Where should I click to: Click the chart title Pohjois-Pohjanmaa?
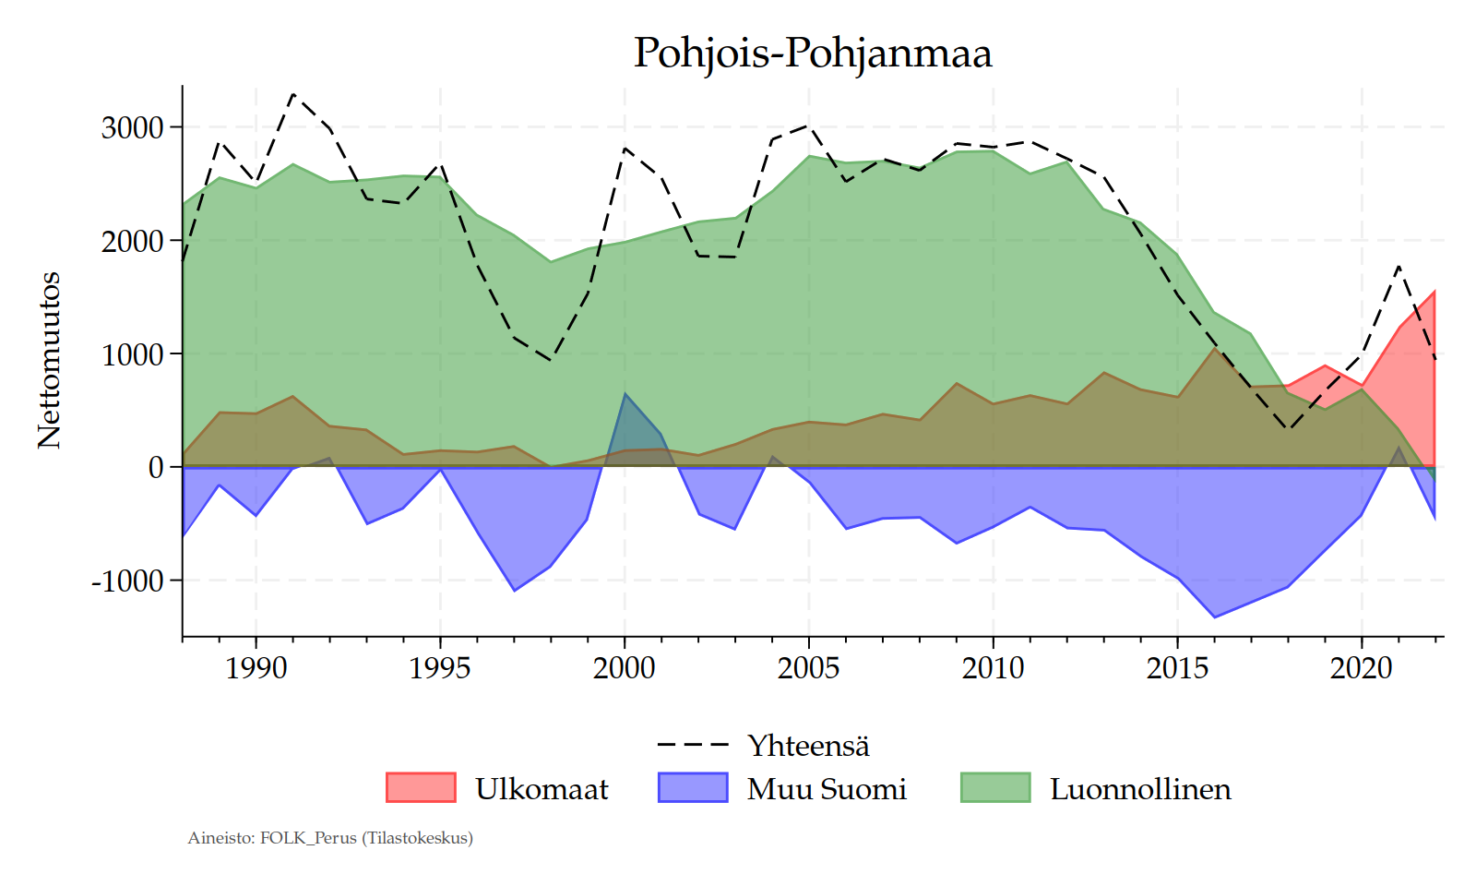click(812, 53)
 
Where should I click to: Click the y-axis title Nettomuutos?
click(49, 360)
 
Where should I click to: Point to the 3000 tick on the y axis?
click(133, 127)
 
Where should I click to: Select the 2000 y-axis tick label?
click(133, 241)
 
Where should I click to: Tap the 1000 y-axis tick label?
click(133, 354)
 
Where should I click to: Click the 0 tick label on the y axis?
click(156, 468)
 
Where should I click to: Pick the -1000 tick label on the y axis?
click(127, 581)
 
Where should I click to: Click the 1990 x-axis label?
click(256, 667)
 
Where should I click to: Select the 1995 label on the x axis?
click(440, 667)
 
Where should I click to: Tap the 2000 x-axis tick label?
click(625, 667)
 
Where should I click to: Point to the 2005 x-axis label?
click(809, 667)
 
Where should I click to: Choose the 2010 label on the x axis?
click(993, 667)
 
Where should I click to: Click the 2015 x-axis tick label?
click(1177, 667)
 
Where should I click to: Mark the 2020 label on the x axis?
click(1362, 667)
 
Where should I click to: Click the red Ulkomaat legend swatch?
click(421, 787)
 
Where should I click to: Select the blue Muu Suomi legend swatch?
click(693, 787)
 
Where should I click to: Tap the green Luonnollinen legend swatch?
click(995, 787)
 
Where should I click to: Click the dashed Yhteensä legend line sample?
click(693, 745)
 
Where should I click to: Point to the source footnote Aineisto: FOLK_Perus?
click(330, 838)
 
